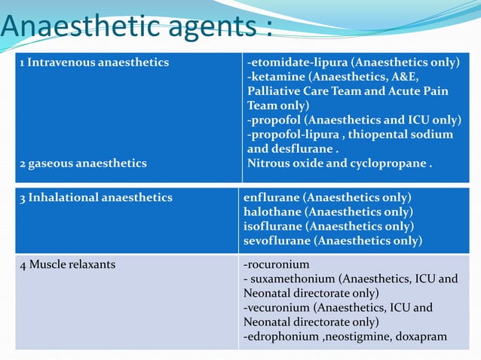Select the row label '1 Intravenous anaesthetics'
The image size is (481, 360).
94,63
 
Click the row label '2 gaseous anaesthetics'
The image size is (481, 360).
83,162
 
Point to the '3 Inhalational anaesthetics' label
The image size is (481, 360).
96,197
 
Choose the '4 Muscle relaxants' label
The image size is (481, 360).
67,265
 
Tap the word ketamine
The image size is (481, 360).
275,77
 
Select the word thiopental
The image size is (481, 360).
378,134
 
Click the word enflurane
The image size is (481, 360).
271,197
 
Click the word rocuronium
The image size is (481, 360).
278,265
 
